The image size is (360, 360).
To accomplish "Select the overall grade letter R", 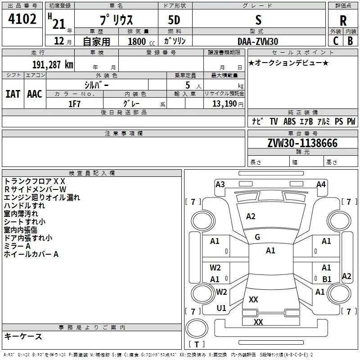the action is click(x=343, y=20).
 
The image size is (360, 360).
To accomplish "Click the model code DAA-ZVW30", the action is click(x=258, y=41).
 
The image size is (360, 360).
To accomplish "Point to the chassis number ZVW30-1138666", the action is click(x=302, y=143).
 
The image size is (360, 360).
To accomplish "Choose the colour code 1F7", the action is click(x=74, y=103).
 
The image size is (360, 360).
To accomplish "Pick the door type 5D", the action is click(x=174, y=20).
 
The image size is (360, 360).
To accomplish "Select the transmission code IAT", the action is click(x=13, y=94).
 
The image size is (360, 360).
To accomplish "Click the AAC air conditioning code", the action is click(x=34, y=94).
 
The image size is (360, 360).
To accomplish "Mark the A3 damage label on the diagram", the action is click(x=220, y=184).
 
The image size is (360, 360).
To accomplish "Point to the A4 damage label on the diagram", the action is click(x=321, y=184).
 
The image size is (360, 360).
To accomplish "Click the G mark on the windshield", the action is click(x=257, y=237).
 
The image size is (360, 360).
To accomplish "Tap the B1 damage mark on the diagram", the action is click(x=327, y=279).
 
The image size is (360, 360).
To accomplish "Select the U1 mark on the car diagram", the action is click(x=221, y=308).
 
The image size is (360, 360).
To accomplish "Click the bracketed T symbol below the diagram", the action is click(x=196, y=344).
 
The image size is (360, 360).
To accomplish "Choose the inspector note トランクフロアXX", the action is click(x=35, y=181).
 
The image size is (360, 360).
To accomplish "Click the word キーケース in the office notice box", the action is click(x=23, y=336).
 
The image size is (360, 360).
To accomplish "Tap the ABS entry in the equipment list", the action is click(x=290, y=121).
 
